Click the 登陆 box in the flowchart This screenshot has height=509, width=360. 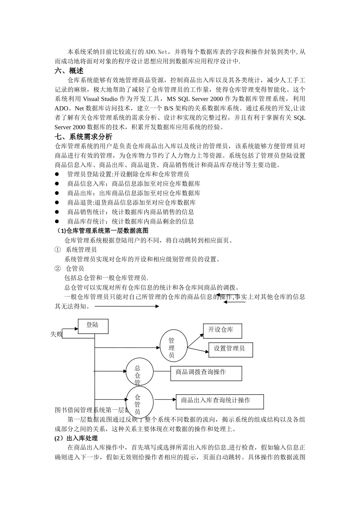point(93,326)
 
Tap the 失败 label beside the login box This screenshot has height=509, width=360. point(56,334)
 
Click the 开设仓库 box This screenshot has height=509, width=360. point(222,331)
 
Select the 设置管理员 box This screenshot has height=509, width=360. point(230,349)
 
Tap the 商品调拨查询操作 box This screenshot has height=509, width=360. point(206,373)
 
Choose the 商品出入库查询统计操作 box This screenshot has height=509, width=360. point(219,401)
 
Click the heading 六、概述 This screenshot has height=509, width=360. point(69,71)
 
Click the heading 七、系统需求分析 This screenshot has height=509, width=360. point(83,137)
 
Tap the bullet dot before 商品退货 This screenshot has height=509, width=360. point(57,203)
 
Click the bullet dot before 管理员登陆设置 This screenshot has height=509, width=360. point(57,174)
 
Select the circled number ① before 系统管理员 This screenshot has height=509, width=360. point(58,250)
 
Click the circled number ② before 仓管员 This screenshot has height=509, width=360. point(58,269)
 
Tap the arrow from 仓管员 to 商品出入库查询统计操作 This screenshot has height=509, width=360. point(165,399)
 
